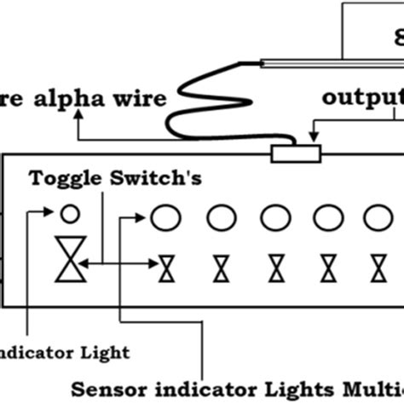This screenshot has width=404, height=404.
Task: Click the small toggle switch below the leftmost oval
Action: pyautogui.click(x=167, y=269)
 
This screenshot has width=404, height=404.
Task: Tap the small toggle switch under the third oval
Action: pyautogui.click(x=276, y=269)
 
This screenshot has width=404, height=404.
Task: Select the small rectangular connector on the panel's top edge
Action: pyautogui.click(x=295, y=153)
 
